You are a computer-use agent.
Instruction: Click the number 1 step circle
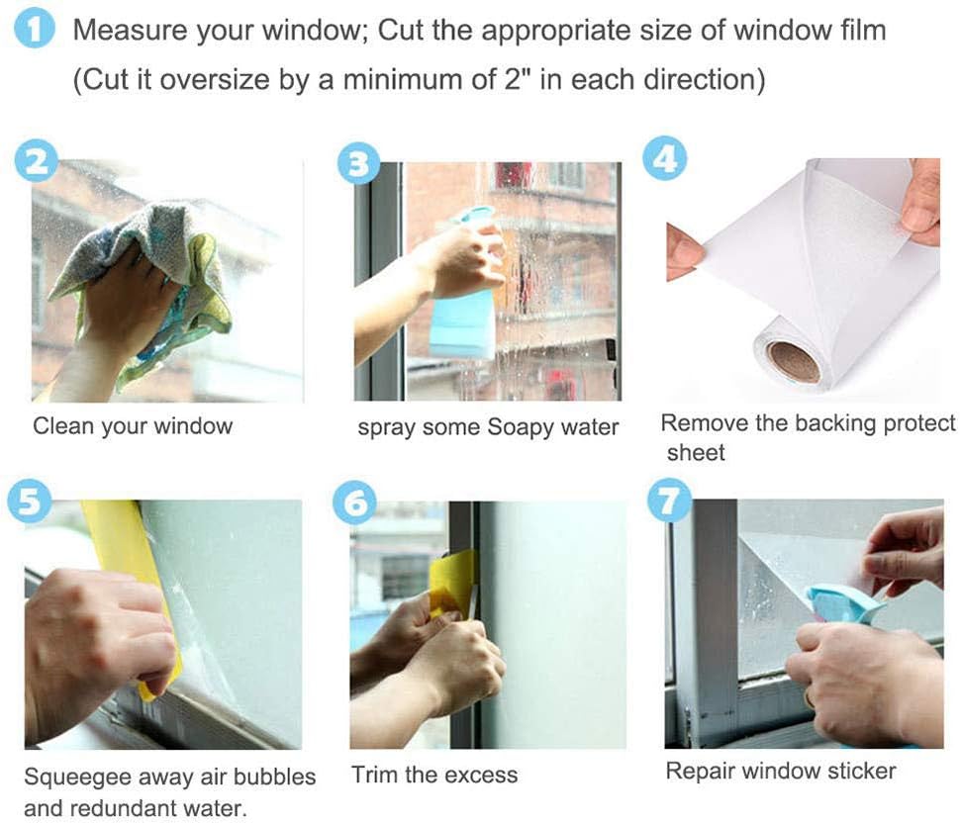click(x=35, y=30)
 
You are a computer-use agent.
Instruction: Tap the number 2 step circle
click(x=37, y=161)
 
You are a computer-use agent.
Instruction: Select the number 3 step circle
click(x=359, y=163)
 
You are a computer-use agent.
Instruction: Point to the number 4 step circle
click(x=664, y=158)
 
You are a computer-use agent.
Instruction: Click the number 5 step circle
click(x=29, y=501)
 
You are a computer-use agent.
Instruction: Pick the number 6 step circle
click(x=354, y=503)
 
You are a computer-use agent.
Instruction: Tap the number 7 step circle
click(x=670, y=500)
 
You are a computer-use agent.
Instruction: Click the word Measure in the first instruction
click(x=130, y=30)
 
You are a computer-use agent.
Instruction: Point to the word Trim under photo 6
click(x=375, y=775)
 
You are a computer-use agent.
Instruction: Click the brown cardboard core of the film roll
click(x=794, y=361)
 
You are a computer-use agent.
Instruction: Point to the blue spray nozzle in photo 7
click(x=845, y=602)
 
